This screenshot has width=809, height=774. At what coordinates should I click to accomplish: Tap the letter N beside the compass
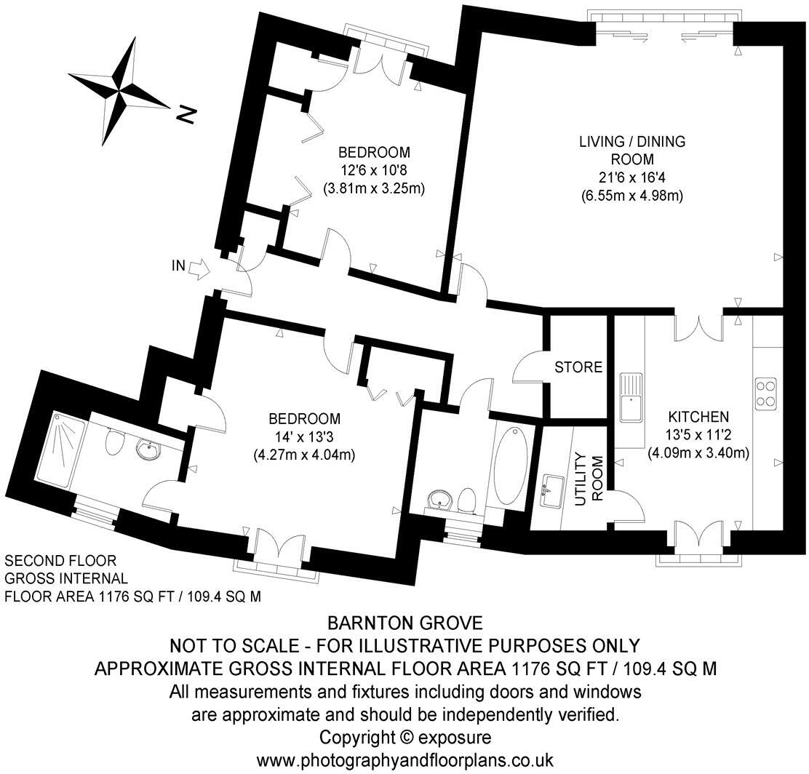tap(187, 115)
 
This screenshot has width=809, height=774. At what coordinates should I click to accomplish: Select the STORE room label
tap(578, 367)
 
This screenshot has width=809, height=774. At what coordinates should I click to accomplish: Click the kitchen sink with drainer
tap(630, 398)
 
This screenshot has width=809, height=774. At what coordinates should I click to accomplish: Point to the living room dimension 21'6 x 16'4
tap(631, 178)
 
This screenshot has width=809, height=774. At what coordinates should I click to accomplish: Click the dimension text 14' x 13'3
tap(304, 438)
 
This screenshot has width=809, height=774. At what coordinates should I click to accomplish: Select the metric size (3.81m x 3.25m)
tap(374, 188)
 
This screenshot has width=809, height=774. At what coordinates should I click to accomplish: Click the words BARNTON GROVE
tap(404, 623)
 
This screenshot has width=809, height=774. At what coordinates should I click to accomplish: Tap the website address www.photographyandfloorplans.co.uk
tap(404, 760)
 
